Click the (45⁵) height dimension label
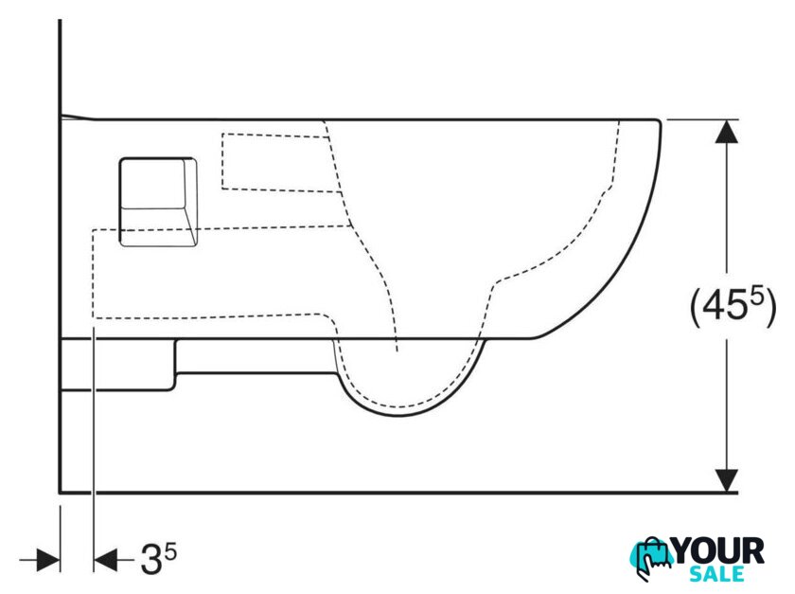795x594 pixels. (x=733, y=307)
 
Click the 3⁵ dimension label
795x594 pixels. (x=159, y=558)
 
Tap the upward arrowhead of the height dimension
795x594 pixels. (x=727, y=132)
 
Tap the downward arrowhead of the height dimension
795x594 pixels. (x=727, y=480)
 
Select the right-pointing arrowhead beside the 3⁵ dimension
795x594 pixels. (x=48, y=560)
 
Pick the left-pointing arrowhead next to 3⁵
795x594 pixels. (x=105, y=560)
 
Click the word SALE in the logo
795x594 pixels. (x=716, y=574)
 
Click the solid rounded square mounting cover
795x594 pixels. (x=158, y=202)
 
